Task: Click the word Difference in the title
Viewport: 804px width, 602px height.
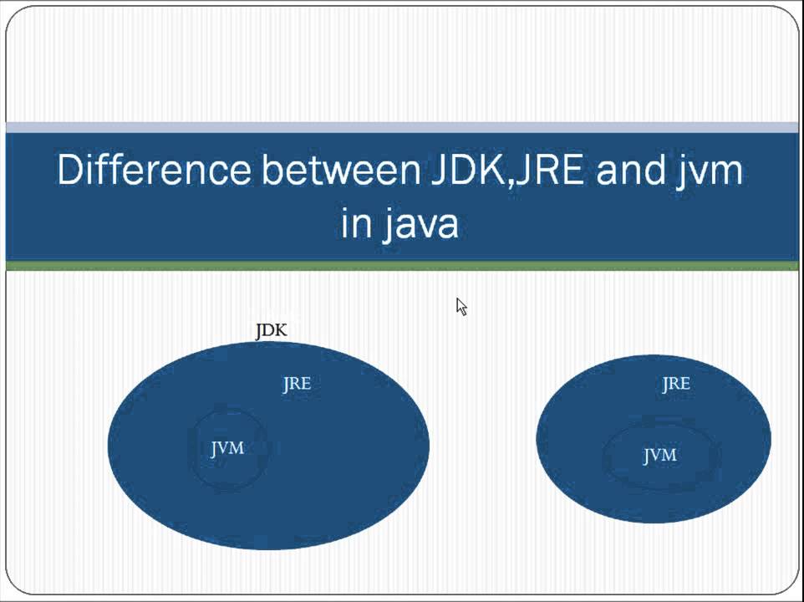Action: (153, 170)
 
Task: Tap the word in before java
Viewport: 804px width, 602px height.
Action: (355, 223)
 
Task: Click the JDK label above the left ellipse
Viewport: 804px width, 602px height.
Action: (271, 330)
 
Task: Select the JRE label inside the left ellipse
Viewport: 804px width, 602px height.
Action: (297, 384)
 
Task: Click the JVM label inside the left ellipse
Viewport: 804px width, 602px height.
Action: (227, 449)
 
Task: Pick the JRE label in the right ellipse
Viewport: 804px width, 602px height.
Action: (676, 384)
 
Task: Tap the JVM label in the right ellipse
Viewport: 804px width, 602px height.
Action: (659, 456)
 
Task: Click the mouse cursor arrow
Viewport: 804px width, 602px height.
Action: (461, 306)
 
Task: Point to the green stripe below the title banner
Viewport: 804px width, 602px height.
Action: (401, 266)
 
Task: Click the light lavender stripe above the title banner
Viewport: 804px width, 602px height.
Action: (401, 127)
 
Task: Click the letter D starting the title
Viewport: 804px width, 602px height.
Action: (69, 170)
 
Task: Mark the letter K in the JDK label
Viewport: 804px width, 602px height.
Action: (281, 330)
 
